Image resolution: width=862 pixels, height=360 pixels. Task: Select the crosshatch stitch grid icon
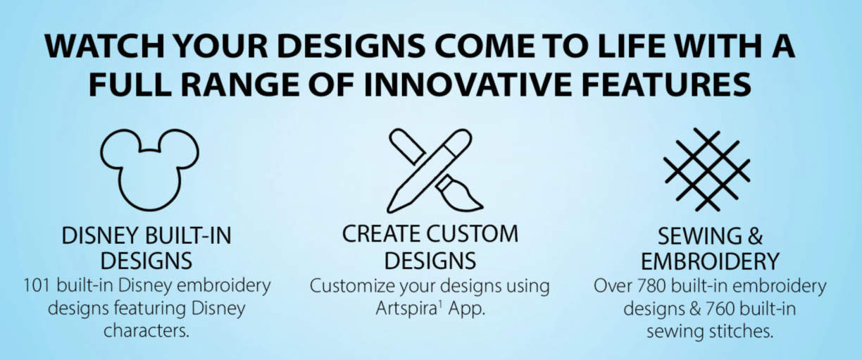tap(707, 169)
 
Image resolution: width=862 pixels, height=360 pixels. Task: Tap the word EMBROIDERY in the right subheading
tap(710, 261)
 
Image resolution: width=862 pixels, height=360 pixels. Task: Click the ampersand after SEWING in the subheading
tap(756, 236)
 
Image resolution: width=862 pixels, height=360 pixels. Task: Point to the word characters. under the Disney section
tap(146, 331)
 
